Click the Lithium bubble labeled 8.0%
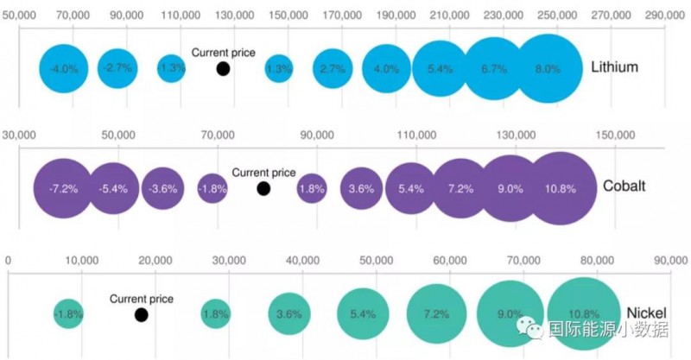click(x=547, y=69)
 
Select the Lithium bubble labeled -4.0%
click(x=63, y=68)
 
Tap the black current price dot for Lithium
click(x=223, y=69)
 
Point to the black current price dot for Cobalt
click(x=263, y=188)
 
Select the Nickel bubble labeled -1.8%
click(x=67, y=314)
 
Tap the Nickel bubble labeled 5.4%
click(x=363, y=314)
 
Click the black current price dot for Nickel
click(x=141, y=314)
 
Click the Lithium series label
click(x=614, y=66)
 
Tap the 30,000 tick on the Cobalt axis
click(x=19, y=135)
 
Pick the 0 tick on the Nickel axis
click(x=8, y=259)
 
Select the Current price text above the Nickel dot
click(x=141, y=299)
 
